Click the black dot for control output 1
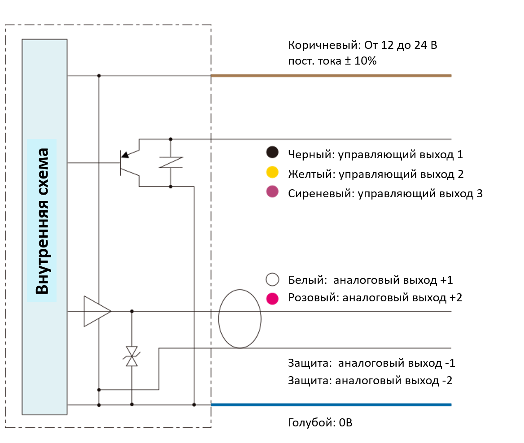pos(272,153)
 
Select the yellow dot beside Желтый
pos(272,172)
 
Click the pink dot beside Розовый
pos(272,298)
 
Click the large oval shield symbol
pos(240,319)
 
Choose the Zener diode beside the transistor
pos(170,162)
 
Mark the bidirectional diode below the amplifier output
pos(131,356)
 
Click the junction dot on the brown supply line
pos(99,76)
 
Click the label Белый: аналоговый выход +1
pos(371,280)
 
